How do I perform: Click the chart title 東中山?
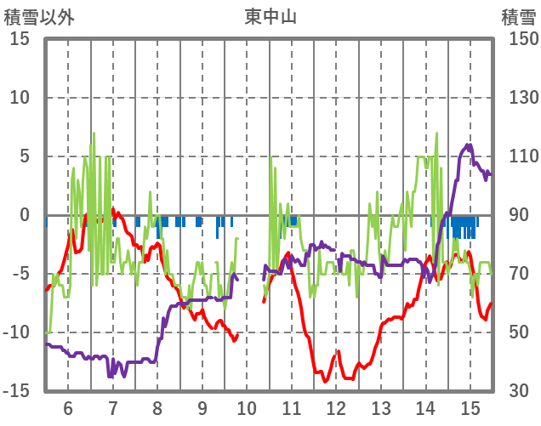270,16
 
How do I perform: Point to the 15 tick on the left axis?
20,39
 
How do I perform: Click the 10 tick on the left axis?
20,98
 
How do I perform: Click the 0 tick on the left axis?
25,215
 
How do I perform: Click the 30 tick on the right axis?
514,391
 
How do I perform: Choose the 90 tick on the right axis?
514,215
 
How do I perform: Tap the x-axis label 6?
68,407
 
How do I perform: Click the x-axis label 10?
248,407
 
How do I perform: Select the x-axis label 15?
470,407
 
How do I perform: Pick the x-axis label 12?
336,407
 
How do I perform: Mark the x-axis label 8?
157,407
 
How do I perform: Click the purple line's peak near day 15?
470,145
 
